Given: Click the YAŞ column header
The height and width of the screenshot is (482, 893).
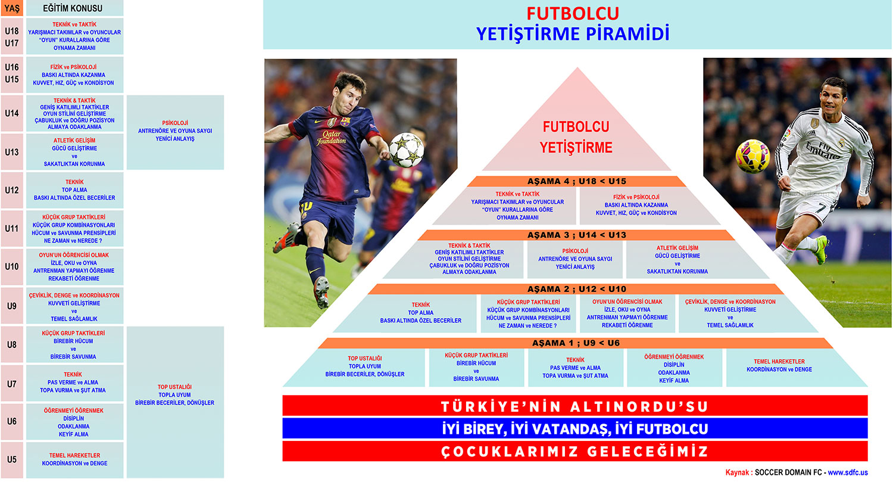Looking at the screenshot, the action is click(x=12, y=8).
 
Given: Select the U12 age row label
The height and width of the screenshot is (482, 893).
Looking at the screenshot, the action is click(x=12, y=190).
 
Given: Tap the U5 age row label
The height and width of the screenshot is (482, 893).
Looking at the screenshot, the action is click(x=12, y=459).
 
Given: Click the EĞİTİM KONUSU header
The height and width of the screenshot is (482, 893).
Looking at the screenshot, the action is click(x=74, y=8).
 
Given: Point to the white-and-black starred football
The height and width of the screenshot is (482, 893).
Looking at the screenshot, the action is click(x=407, y=150).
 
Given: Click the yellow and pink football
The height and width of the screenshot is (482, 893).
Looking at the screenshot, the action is click(x=753, y=156).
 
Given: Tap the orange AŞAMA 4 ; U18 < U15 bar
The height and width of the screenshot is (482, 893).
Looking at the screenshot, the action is click(x=576, y=182).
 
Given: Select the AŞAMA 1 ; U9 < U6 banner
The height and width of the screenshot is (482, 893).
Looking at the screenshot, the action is click(x=576, y=343).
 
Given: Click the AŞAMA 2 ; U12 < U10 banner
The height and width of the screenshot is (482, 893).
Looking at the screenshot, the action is click(x=576, y=290).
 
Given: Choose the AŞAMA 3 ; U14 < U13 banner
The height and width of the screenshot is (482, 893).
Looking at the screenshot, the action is click(x=576, y=235).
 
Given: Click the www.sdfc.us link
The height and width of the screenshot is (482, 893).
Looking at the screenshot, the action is click(x=848, y=472).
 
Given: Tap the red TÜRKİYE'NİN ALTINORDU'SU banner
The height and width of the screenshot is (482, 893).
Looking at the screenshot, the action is click(x=575, y=406).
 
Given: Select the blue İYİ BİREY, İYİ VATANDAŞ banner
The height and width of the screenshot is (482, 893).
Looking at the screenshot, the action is click(x=575, y=428).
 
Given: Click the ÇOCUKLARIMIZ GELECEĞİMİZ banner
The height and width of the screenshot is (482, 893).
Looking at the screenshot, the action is click(x=575, y=451).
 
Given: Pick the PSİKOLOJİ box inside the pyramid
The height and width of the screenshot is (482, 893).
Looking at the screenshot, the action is click(x=575, y=259).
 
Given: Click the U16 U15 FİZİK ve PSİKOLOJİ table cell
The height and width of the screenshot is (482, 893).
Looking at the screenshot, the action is click(x=74, y=74).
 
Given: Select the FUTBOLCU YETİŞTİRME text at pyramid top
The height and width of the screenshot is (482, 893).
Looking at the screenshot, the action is click(x=576, y=137).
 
